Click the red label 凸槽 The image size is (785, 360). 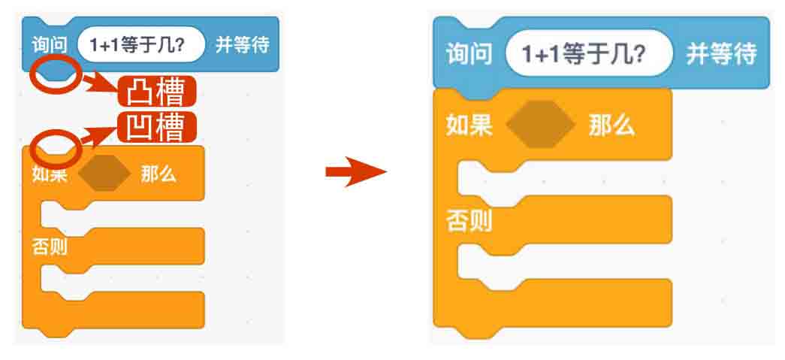(x=157, y=92)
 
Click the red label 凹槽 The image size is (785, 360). (x=157, y=127)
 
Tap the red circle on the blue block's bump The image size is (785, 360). (x=54, y=74)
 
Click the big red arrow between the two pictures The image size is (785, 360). (x=355, y=173)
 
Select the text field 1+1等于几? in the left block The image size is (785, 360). (x=141, y=46)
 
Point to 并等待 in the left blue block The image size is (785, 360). (x=242, y=46)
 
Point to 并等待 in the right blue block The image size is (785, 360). (x=720, y=55)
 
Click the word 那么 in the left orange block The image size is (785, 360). (x=158, y=175)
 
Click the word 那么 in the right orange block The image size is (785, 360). (x=611, y=124)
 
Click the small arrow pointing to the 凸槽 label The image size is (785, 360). (x=100, y=83)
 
